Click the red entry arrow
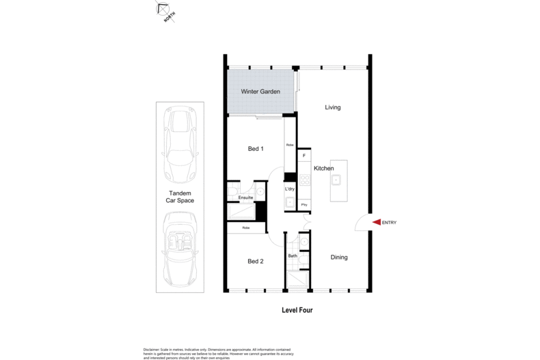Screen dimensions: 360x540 376,222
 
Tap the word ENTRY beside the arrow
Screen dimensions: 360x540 389,223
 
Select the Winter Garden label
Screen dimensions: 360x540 260,92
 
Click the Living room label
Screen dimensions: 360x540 332,107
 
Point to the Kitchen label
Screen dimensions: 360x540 323,168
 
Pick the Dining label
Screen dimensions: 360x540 339,258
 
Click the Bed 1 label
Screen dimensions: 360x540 255,148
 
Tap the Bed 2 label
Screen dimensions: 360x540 255,261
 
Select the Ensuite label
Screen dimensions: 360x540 246,198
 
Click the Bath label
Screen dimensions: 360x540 292,256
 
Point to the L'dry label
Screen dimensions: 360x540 290,189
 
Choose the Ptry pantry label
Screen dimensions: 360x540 304,204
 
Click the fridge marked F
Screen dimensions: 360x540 304,156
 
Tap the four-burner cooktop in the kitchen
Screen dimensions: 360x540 305,180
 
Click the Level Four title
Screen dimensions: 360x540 297,309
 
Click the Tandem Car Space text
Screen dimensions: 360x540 180,197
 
